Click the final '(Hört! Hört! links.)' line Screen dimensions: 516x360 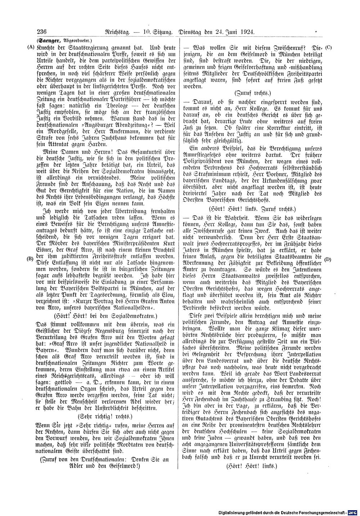[252, 466]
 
